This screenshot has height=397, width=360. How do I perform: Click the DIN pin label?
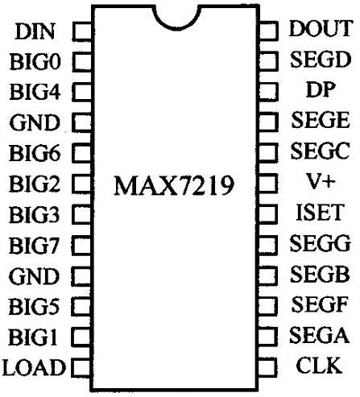click(x=35, y=31)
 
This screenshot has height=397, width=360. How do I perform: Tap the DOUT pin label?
click(x=321, y=28)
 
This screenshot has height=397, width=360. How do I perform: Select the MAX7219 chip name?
click(x=174, y=185)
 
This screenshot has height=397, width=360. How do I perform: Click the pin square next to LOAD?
click(x=81, y=367)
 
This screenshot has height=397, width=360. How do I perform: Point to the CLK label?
click(x=319, y=365)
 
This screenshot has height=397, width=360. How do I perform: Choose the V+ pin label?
click(x=321, y=181)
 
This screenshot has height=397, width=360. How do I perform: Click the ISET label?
click(x=320, y=212)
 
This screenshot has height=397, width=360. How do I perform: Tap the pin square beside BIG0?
click(x=82, y=62)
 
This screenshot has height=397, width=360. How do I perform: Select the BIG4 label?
click(x=35, y=92)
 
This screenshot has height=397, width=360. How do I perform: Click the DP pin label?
click(x=321, y=89)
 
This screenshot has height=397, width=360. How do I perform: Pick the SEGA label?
click(x=320, y=334)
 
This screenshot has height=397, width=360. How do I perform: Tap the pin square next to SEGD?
click(x=268, y=60)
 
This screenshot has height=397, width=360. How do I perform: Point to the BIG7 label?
click(x=34, y=246)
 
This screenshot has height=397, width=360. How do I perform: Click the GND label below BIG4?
click(x=35, y=122)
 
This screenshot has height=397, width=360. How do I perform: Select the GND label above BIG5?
click(x=34, y=276)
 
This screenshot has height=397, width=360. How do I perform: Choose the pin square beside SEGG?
click(x=267, y=245)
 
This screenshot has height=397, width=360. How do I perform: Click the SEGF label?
click(x=320, y=304)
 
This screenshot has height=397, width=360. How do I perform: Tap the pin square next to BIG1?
click(x=81, y=337)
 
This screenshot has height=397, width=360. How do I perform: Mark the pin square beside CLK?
click(x=267, y=366)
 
